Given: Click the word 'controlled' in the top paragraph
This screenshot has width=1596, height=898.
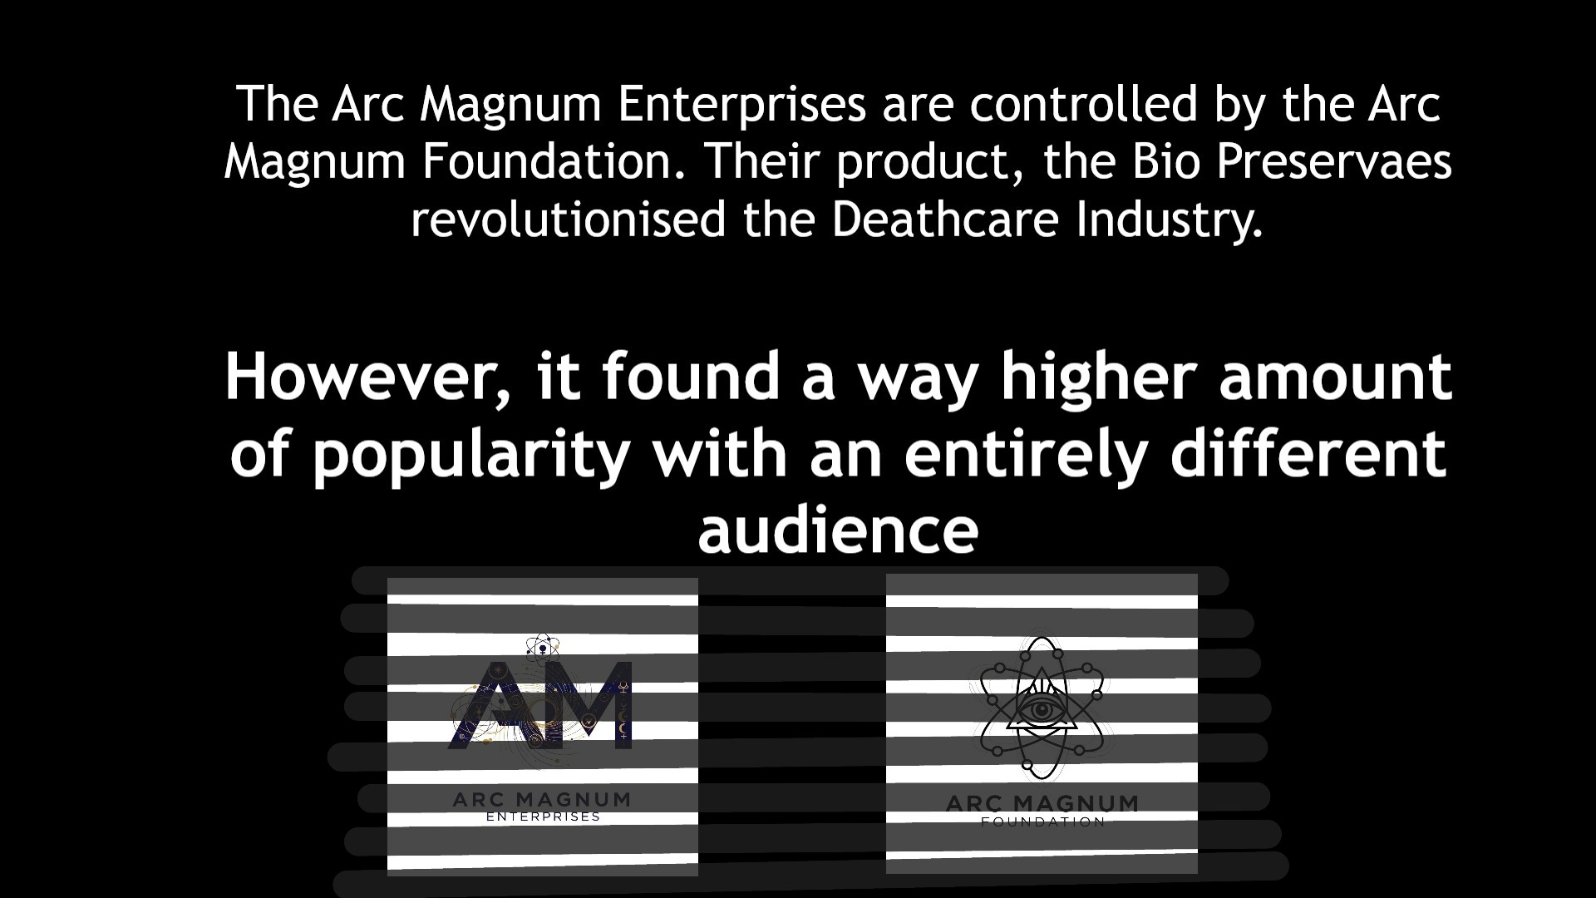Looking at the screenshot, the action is click(x=1083, y=104).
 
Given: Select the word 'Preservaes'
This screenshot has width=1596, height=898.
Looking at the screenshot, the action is click(x=1334, y=162).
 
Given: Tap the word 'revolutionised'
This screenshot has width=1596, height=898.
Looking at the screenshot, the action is click(x=569, y=220).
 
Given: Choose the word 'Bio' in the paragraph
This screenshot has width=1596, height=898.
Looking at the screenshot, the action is click(x=1166, y=162).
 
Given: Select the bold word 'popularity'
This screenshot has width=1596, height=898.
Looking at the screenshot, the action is click(x=471, y=456).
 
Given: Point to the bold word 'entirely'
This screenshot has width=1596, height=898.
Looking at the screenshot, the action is click(x=1027, y=456).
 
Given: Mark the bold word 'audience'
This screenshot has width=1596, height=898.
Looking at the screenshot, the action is click(x=838, y=530).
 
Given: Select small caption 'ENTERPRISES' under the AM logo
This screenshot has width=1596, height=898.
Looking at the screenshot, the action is click(x=543, y=817).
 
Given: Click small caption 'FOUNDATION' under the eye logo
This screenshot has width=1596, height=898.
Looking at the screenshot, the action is click(x=1043, y=822).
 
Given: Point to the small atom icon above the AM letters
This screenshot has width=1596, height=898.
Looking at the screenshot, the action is click(x=543, y=644).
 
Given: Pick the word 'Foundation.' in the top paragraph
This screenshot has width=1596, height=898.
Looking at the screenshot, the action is click(x=555, y=162).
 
